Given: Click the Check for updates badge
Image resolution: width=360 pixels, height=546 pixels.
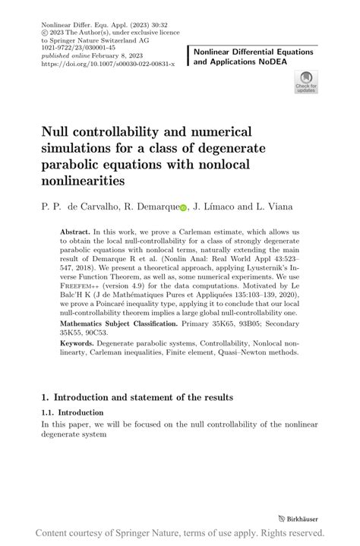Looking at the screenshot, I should click(x=305, y=81).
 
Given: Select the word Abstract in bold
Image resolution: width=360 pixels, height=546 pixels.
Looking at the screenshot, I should click(x=76, y=229).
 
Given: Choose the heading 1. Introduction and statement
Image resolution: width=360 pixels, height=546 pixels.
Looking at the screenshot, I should click(x=137, y=397).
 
